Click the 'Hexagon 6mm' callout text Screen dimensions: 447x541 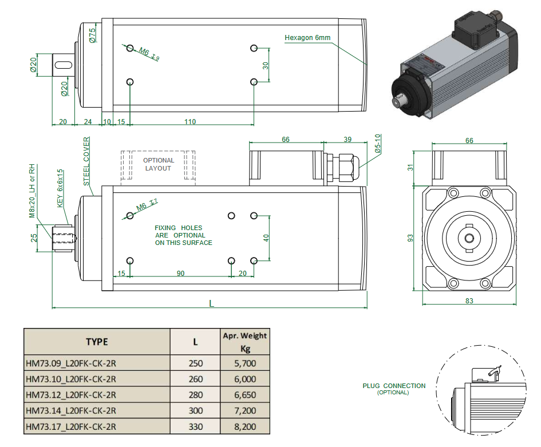[x=307, y=38]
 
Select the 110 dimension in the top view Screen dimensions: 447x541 [x=190, y=122]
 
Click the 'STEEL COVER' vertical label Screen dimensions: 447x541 [x=87, y=161]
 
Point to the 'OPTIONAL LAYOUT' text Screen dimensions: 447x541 [x=158, y=164]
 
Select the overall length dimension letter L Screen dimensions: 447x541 [x=211, y=304]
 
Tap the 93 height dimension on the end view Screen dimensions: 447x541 [x=410, y=238]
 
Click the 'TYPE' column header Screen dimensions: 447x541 [x=97, y=342]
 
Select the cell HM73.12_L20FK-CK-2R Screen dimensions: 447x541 [x=72, y=395]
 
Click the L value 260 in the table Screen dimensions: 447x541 [x=195, y=379]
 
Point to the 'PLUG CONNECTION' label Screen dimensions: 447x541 [x=394, y=386]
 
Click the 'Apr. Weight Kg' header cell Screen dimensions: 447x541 [x=244, y=342]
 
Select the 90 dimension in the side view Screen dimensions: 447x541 [x=180, y=274]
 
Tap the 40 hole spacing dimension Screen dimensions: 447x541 [x=265, y=238]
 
